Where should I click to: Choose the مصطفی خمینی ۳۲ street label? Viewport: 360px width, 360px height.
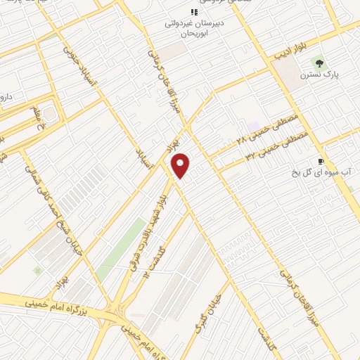tap(271, 148)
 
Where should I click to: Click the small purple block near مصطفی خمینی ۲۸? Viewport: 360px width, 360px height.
tap(252, 127)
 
